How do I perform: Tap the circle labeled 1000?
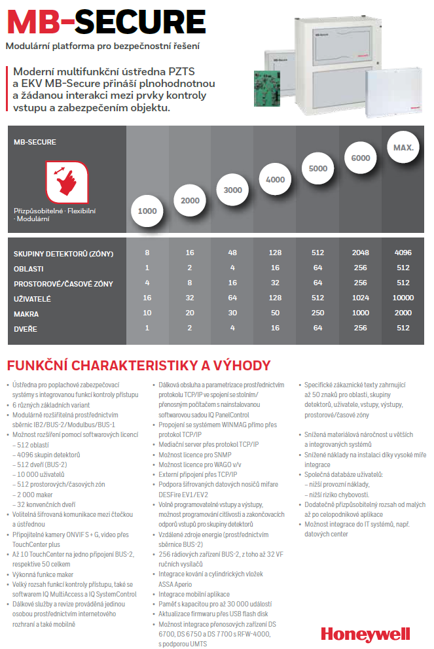[x=148, y=211]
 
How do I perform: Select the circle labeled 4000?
[x=276, y=179]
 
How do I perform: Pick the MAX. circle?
[x=403, y=148]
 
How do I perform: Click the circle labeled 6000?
[x=361, y=158]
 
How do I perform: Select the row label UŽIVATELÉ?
[x=32, y=299]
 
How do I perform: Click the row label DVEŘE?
[x=26, y=328]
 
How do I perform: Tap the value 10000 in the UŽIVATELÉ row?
[x=403, y=299]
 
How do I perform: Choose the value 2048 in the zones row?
[x=361, y=253]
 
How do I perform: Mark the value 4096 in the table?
[x=403, y=253]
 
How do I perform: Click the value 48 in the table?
[x=232, y=253]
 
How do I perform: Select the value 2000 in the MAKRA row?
[x=403, y=314]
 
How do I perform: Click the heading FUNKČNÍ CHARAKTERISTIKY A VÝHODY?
[x=137, y=365]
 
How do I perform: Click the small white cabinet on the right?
[x=389, y=92]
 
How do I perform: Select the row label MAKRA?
[x=26, y=314]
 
